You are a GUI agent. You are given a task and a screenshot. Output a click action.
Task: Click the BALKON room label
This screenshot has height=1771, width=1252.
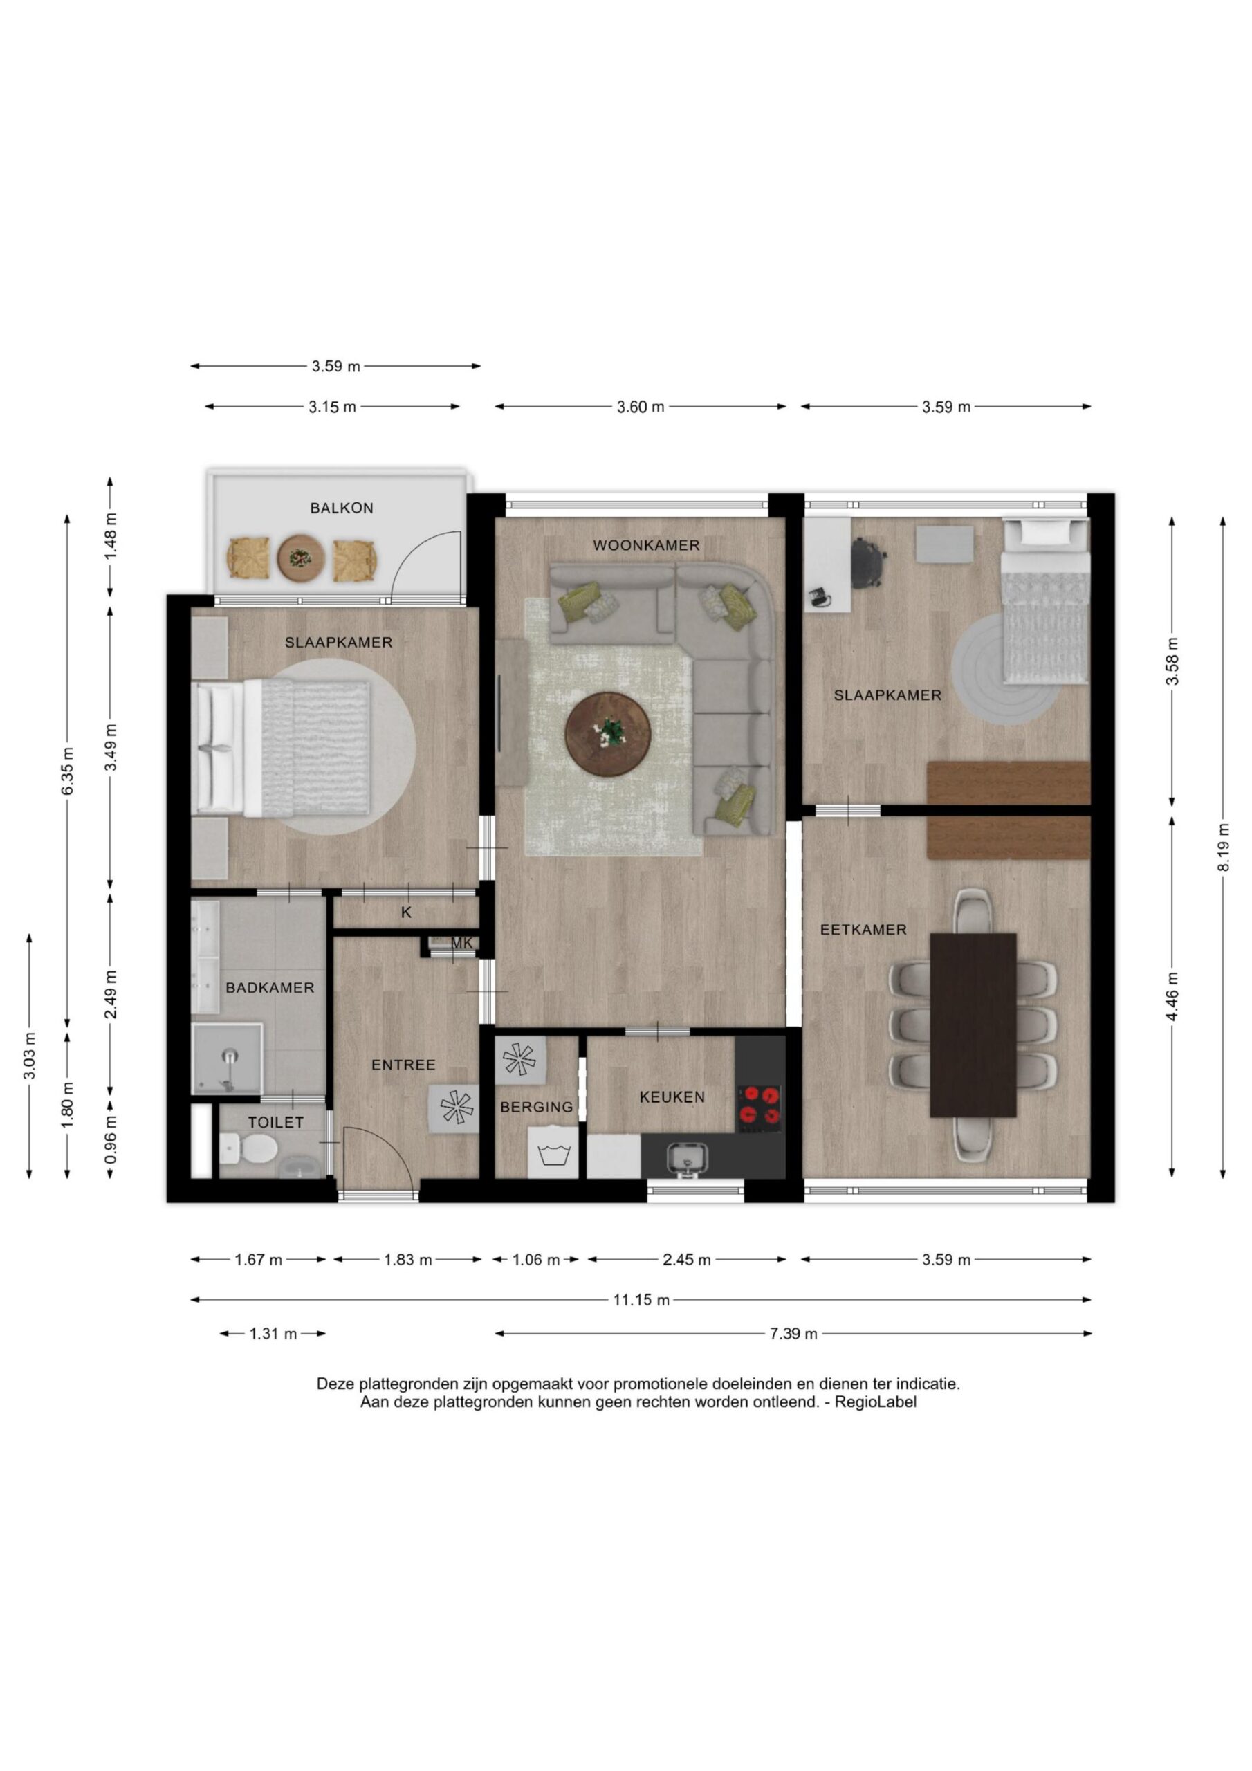(342, 508)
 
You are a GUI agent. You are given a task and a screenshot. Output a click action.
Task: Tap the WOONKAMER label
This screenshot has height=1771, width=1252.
(647, 545)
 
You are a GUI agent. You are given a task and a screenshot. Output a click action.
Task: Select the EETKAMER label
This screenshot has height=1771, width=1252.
(863, 930)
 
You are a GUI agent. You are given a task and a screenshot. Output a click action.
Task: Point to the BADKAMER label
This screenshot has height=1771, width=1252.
(270, 987)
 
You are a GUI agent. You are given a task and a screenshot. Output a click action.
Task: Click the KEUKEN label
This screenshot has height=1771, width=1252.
(672, 1097)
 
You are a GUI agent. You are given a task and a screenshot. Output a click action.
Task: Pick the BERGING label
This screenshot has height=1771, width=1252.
(537, 1107)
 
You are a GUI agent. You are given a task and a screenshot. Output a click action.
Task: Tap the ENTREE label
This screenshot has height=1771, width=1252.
(403, 1065)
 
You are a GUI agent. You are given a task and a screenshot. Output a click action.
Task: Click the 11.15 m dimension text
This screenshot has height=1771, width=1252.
(641, 1300)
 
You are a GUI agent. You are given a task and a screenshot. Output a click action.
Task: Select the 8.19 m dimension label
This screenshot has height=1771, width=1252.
(1223, 847)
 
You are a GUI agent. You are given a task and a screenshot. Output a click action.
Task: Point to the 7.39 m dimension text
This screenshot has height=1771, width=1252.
(793, 1334)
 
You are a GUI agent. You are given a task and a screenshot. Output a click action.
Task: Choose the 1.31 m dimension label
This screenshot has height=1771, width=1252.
(273, 1334)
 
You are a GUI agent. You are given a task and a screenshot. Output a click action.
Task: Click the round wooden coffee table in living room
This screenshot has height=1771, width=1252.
(608, 733)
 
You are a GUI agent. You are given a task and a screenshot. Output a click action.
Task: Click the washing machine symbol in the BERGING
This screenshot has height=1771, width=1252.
(552, 1153)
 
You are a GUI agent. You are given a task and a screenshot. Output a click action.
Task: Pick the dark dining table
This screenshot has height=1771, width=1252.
(973, 1025)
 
